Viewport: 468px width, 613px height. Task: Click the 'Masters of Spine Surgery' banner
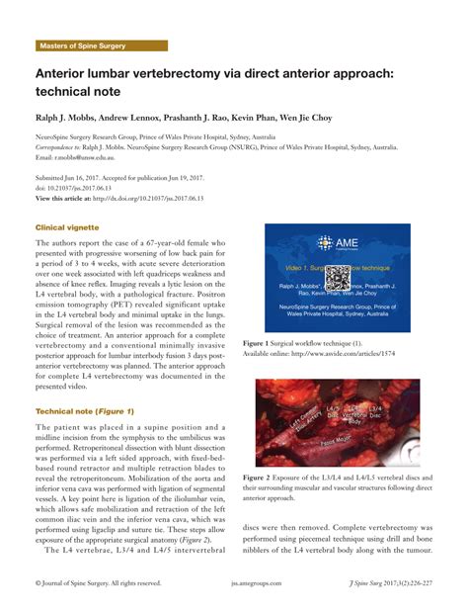pyautogui.click(x=100, y=46)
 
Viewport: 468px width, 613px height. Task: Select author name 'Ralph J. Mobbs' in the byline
pyautogui.click(x=71, y=118)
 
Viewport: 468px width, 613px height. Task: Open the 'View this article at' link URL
pyautogui.click(x=148, y=198)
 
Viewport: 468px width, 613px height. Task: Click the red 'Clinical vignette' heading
pyautogui.click(x=75, y=226)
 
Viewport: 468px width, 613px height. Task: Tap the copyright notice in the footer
pyautogui.click(x=99, y=583)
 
